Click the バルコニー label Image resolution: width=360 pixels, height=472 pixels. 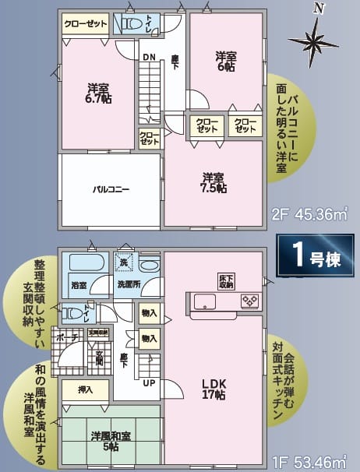pos(111,189)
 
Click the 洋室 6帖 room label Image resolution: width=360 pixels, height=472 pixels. pos(228,61)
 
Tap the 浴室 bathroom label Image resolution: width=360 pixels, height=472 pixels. pos(79,284)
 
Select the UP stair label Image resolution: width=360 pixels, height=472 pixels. pos(146,383)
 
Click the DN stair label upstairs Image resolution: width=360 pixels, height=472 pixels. pos(148,56)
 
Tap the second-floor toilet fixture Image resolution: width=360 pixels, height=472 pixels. pos(130,23)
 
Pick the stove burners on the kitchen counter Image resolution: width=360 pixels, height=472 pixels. pos(249,300)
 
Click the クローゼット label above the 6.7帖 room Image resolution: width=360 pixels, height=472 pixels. pos(86,25)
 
